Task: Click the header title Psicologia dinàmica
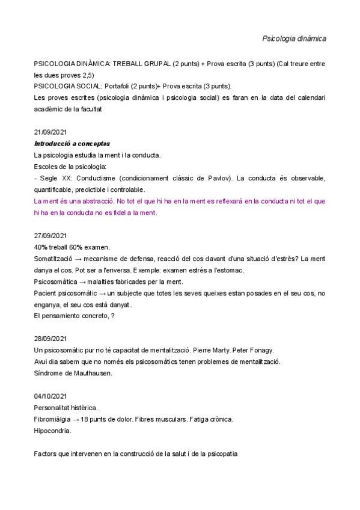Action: click(294, 38)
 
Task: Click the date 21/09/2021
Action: click(50, 132)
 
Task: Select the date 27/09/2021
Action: click(50, 236)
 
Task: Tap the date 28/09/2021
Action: click(50, 339)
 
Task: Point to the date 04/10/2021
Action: click(50, 396)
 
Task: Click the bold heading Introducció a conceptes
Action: click(72, 144)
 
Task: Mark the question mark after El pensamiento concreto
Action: click(112, 316)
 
